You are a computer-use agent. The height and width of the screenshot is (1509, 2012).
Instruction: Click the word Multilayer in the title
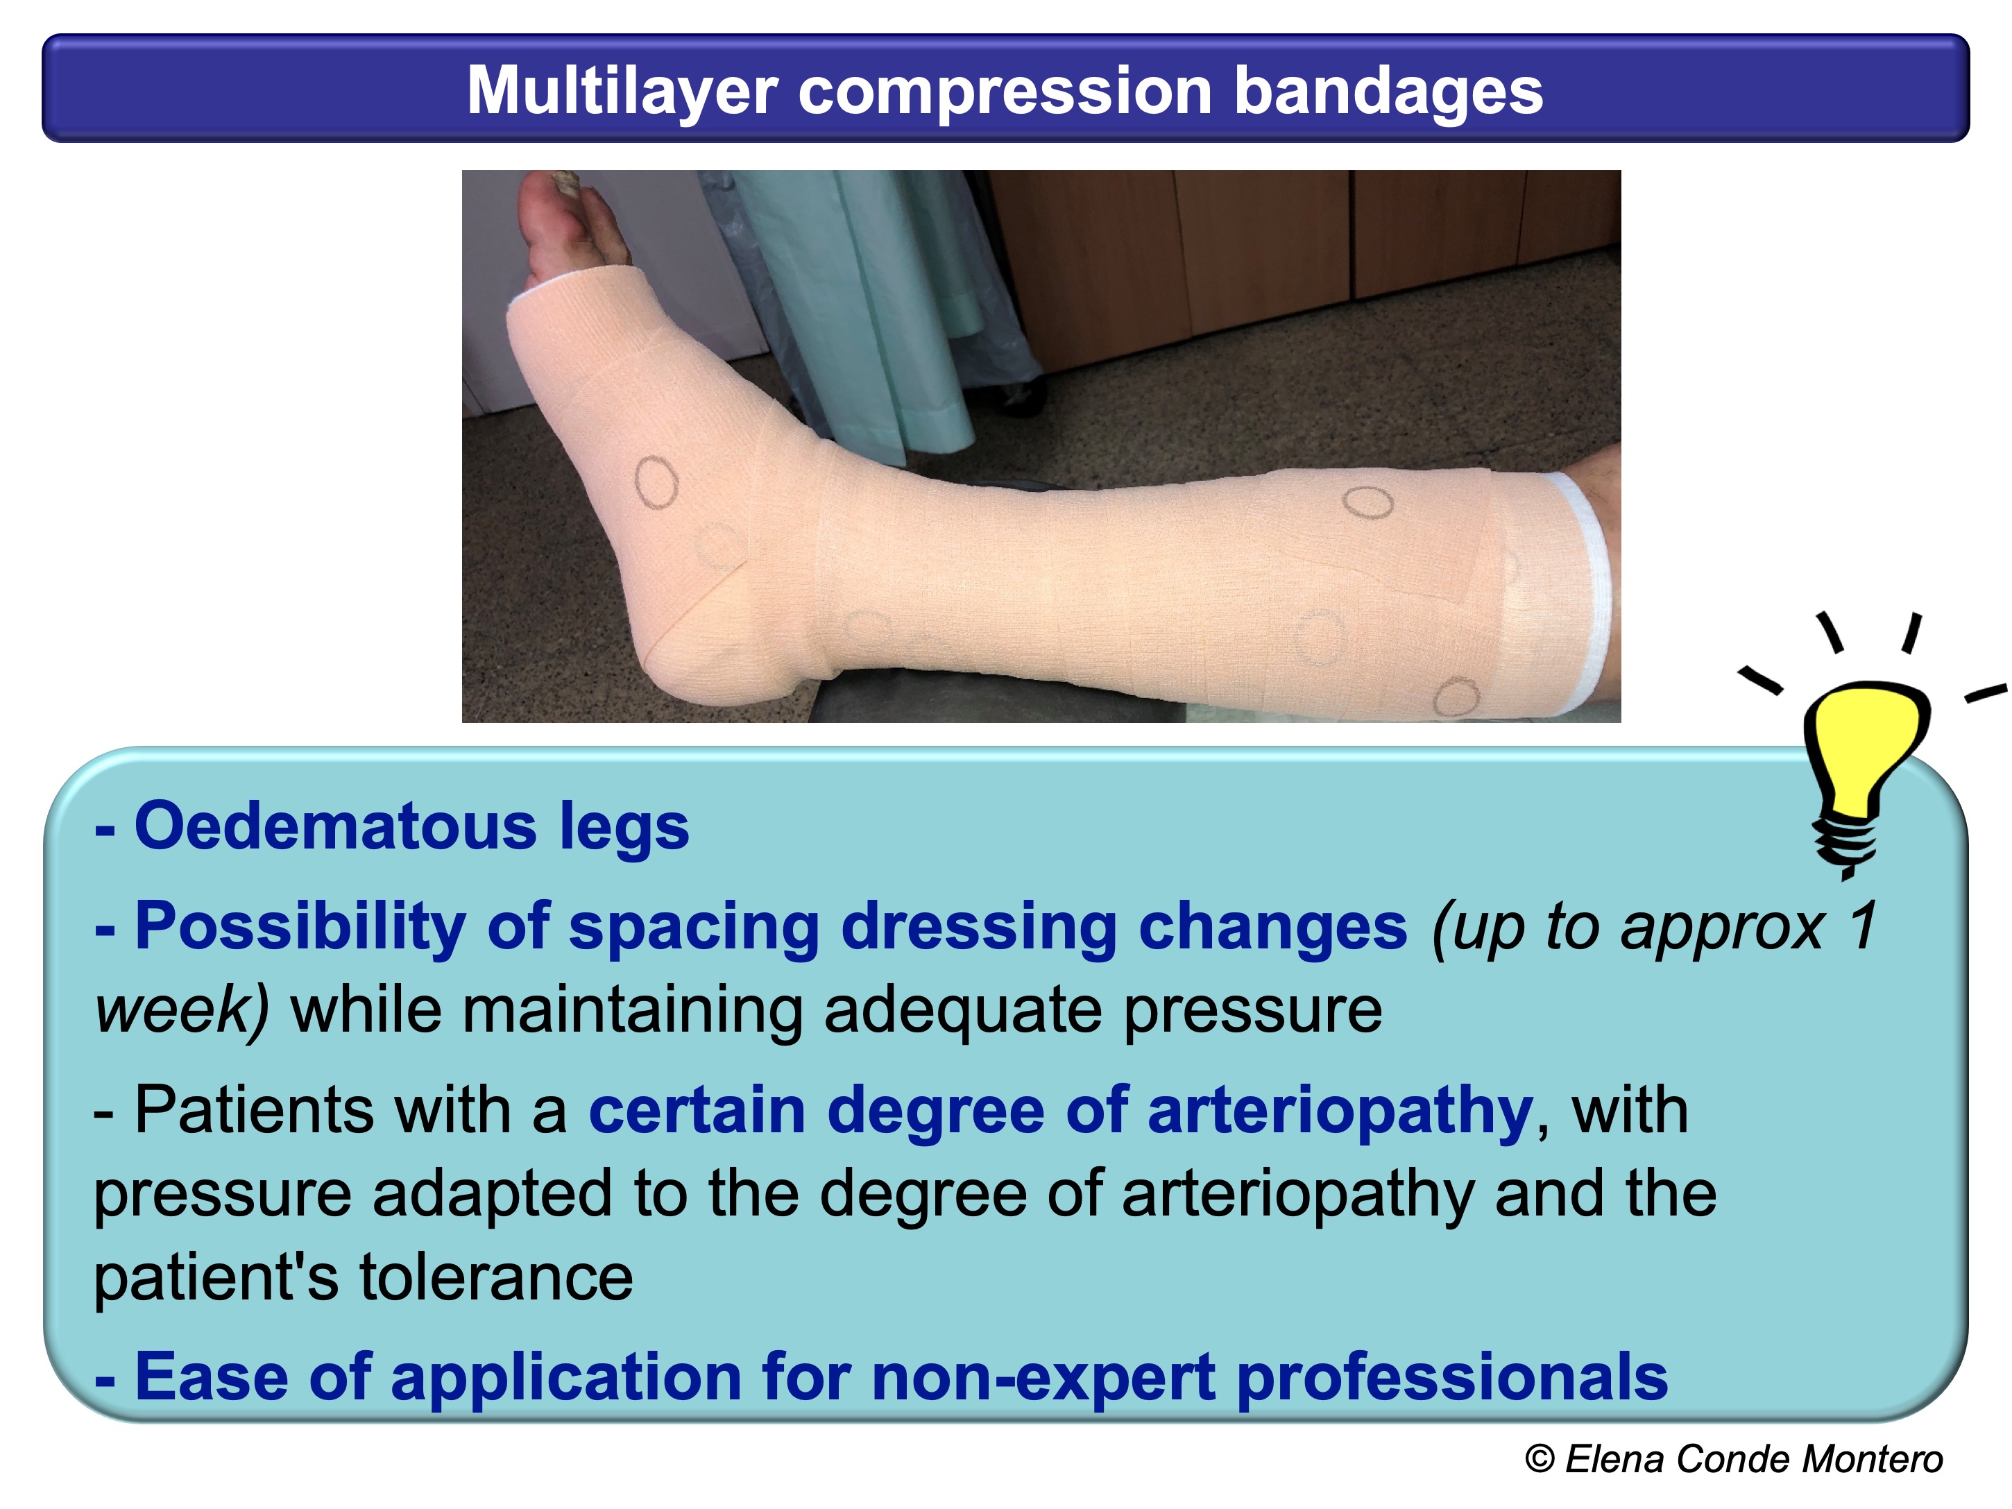coord(621,91)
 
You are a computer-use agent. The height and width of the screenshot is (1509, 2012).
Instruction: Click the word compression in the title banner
coord(1004,91)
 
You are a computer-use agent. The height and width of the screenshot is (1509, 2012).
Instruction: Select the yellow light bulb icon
coord(1865,746)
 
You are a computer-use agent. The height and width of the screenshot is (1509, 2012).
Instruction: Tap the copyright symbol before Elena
coord(1539,1458)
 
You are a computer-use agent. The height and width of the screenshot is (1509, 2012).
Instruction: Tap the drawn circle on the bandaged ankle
coord(656,481)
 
